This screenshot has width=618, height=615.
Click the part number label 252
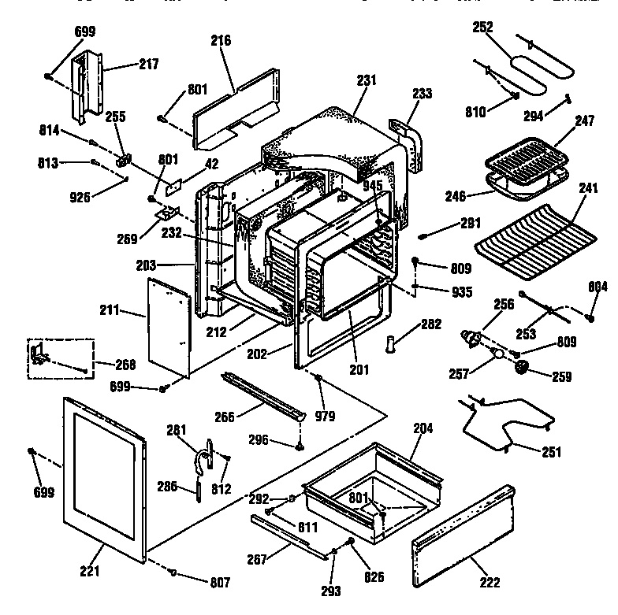point(482,27)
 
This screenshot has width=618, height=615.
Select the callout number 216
point(221,40)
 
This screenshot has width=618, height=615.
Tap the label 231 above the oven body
point(367,80)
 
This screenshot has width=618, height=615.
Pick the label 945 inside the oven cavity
point(373,186)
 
